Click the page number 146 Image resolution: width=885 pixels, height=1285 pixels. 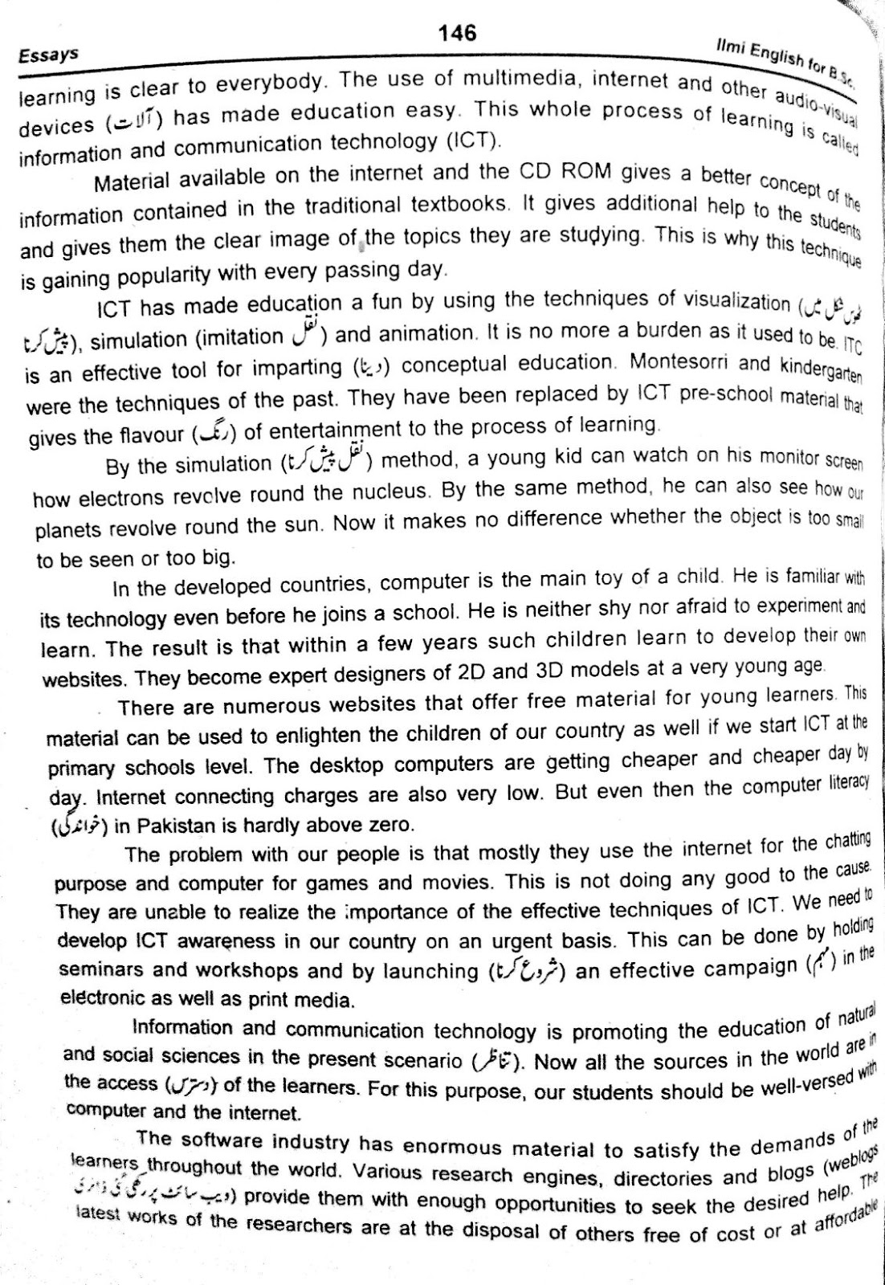[458, 33]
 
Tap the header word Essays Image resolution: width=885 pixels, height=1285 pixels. [48, 55]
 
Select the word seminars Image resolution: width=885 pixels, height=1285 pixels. [103, 970]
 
